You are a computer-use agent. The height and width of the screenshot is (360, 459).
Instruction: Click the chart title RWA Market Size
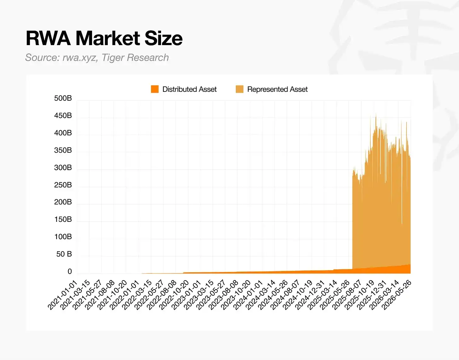pos(104,38)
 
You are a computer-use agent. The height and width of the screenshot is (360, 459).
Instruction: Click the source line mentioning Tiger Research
pos(97,57)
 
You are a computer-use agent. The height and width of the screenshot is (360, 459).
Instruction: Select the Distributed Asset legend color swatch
pos(154,89)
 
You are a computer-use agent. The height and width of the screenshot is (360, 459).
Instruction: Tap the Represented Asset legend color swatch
pos(240,89)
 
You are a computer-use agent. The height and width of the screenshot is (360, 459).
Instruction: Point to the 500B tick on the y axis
pos(63,98)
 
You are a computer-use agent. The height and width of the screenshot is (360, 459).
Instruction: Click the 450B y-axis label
pos(63,115)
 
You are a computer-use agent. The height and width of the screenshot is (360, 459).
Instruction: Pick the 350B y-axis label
pos(63,150)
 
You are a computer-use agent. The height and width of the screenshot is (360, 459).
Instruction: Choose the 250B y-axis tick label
pos(63,185)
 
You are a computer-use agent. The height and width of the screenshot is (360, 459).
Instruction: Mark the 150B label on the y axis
pos(63,219)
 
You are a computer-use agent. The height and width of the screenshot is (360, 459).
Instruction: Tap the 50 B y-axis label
pos(64,254)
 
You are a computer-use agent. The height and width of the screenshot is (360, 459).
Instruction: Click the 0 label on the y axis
pos(70,271)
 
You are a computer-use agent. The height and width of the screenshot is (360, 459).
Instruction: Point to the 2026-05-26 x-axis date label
pos(397,295)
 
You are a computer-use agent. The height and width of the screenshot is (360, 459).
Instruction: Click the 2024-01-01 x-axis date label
pos(248,295)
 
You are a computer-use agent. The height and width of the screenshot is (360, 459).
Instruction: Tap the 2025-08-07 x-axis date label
pos(348,295)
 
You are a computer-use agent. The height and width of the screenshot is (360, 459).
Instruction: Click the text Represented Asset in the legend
pos(277,89)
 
